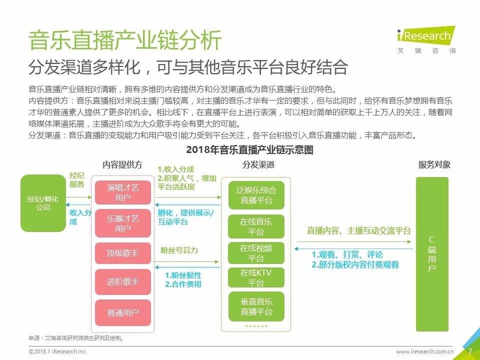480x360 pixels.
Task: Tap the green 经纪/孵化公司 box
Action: point(43,203)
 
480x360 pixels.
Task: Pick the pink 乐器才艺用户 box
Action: point(123,223)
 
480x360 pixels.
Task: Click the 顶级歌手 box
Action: point(123,253)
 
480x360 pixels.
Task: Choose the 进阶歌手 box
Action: point(123,282)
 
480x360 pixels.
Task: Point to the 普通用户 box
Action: point(123,312)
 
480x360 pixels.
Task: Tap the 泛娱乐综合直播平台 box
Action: point(256,195)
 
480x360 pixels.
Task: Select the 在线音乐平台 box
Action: point(256,226)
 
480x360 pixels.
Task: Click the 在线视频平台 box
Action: point(256,253)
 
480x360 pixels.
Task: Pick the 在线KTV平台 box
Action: point(256,278)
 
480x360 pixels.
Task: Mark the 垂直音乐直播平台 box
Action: point(256,306)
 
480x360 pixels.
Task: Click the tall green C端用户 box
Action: point(432,254)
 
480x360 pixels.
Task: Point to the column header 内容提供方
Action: point(122,164)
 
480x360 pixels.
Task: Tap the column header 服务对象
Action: point(434,164)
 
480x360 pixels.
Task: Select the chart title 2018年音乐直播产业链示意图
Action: point(249,149)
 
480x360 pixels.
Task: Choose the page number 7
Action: point(470,351)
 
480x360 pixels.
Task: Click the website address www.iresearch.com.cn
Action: point(424,351)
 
